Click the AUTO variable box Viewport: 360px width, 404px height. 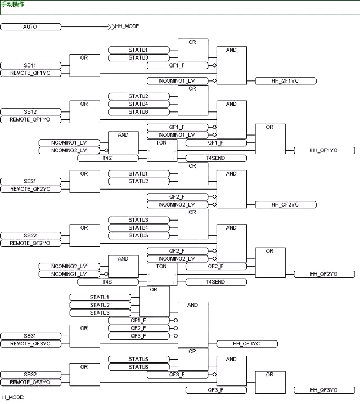30,26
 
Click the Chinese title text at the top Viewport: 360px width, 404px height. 12,4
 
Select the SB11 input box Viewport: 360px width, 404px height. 30,65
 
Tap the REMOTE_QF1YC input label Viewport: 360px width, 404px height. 30,73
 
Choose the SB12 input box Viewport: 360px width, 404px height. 30,112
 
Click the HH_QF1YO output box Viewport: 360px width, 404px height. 324,150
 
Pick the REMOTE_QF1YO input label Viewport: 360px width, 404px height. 30,120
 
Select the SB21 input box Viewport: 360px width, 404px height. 30,181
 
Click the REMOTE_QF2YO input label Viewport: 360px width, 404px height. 30,243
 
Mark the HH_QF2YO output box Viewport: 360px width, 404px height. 324,274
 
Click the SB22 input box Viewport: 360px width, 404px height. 30,235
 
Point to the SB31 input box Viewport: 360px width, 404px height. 30,336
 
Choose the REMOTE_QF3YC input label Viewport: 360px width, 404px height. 30,344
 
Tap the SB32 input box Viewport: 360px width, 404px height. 30,374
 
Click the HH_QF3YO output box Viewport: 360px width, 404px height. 324,390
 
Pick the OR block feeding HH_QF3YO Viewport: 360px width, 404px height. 270,382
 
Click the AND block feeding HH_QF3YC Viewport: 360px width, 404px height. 193,324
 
